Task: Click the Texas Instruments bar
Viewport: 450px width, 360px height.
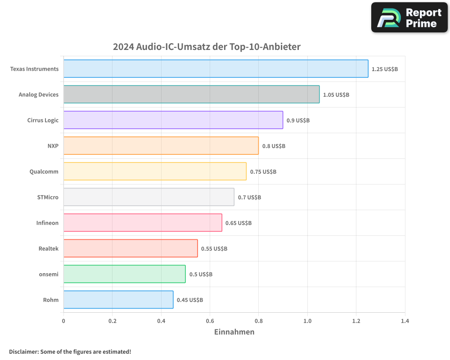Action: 216,69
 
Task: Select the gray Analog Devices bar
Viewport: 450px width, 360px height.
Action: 191,94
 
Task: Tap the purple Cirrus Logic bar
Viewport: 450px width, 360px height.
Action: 173,120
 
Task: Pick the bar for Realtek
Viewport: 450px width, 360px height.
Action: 130,248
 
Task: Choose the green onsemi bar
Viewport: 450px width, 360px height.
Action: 124,274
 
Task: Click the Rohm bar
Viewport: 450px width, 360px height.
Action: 118,300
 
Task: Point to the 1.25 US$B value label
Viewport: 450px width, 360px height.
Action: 384,69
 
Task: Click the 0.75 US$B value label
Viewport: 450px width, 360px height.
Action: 263,172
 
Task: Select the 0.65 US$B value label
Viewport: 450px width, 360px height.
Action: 238,223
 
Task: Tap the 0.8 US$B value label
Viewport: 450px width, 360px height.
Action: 274,146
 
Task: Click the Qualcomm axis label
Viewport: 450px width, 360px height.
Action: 44,171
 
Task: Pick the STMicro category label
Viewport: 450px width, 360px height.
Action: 48,197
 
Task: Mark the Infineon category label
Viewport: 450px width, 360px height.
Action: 47,223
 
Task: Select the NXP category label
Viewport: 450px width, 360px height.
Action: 53,146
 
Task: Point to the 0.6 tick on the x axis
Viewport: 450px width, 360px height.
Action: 210,321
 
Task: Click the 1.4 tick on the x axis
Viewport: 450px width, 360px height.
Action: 405,321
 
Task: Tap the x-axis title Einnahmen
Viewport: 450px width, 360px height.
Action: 234,332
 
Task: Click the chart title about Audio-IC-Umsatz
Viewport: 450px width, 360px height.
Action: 207,47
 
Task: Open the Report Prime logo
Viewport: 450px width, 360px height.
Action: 409,18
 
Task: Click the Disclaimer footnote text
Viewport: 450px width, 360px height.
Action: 70,351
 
